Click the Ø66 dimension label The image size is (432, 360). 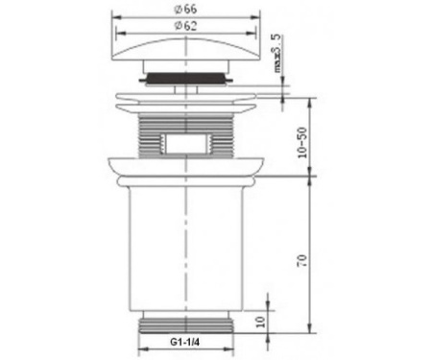point(185,10)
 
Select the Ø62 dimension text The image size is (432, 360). point(185,26)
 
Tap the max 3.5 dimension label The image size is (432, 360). point(277,53)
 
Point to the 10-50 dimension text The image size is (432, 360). point(302,142)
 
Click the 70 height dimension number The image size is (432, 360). point(302,261)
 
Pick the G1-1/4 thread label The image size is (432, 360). point(184,342)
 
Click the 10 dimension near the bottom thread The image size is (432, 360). point(261,322)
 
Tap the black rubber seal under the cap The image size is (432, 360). point(185,78)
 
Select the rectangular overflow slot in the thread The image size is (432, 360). point(185,143)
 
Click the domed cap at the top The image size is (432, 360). point(185,50)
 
